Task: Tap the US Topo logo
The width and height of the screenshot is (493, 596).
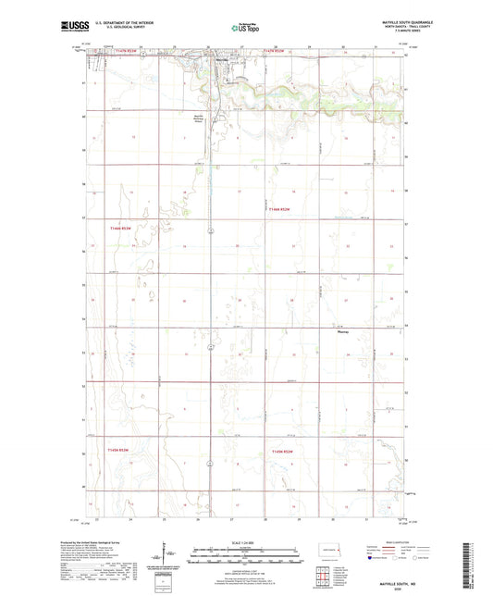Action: point(245,28)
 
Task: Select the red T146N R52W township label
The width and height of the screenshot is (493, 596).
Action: point(278,210)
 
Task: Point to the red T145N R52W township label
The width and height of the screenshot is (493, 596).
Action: point(280,451)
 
